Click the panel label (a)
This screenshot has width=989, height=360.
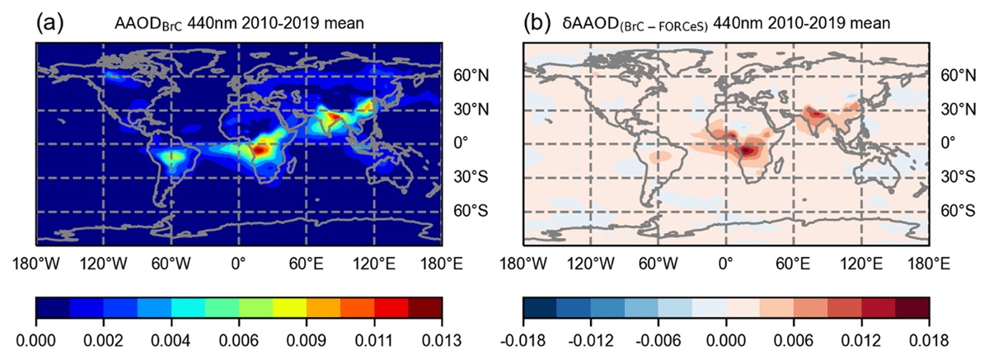tap(49, 22)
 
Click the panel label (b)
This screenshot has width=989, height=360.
tap(537, 22)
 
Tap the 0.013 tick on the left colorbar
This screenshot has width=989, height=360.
tap(442, 340)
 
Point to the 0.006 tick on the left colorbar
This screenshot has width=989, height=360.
tap(239, 340)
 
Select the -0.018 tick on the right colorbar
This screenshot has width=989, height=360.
tap(523, 340)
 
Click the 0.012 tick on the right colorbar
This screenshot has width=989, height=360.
tap(861, 340)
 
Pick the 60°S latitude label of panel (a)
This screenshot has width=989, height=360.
tap(471, 211)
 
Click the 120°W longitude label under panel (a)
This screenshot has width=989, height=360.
tap(103, 264)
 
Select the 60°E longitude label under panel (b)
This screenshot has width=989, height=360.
tap(793, 264)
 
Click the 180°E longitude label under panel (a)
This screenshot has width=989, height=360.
tap(442, 264)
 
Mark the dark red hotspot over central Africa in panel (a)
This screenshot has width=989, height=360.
tap(259, 150)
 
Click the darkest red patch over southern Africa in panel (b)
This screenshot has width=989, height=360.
tap(746, 152)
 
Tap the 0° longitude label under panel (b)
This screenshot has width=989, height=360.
tap(726, 264)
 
